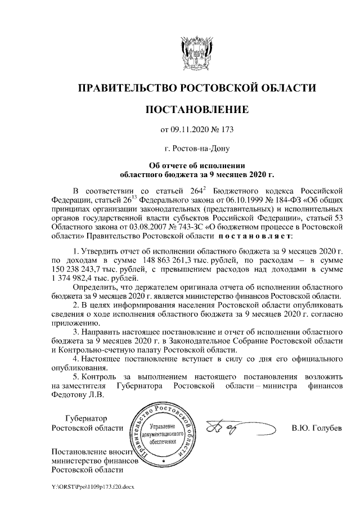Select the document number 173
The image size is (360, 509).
226,130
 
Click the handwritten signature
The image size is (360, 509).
236,429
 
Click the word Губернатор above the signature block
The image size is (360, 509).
85,418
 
